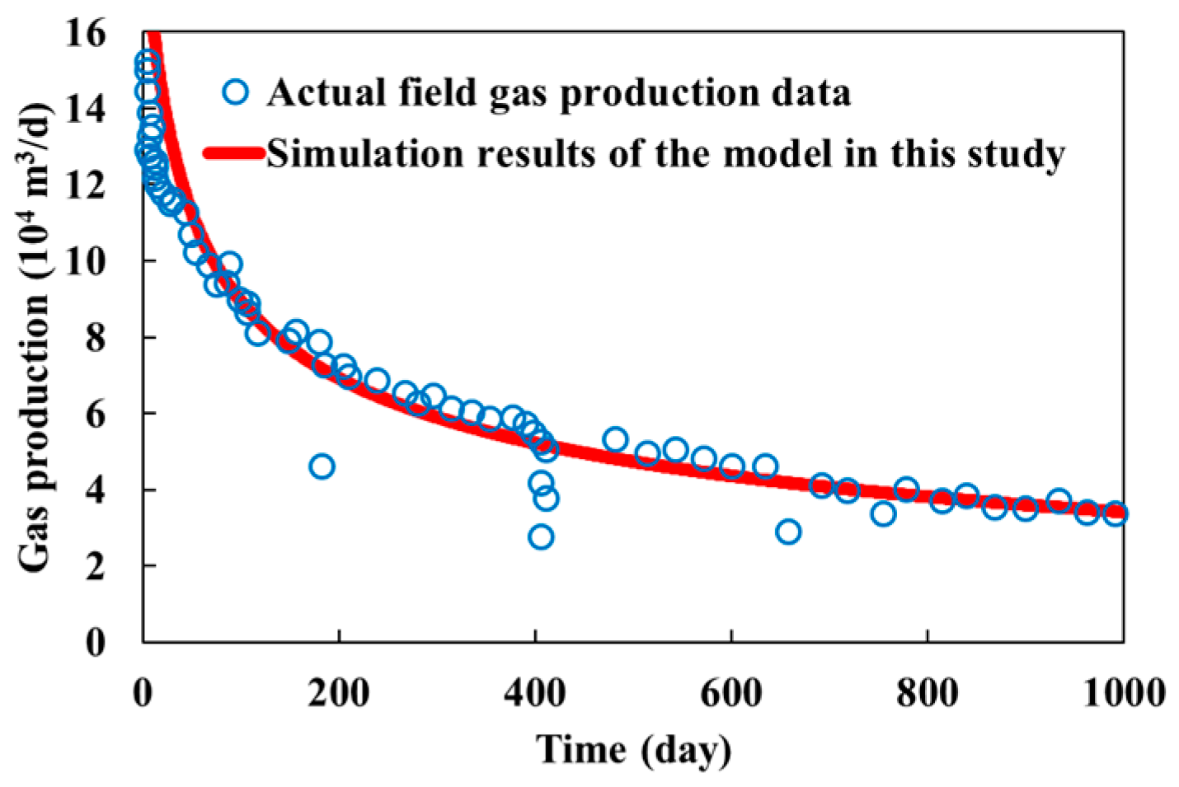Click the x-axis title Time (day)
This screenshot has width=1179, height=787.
[x=633, y=750]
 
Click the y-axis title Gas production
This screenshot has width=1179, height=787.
[x=35, y=338]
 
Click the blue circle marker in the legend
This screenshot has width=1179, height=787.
[x=236, y=91]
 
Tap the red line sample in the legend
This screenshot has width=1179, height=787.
[x=234, y=153]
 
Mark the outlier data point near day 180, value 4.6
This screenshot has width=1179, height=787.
[x=322, y=466]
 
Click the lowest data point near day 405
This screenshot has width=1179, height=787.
[x=541, y=537]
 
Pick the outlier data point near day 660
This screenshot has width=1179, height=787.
[x=788, y=532]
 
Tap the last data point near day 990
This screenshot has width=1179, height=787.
[x=1115, y=513]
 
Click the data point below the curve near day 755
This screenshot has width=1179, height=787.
[x=883, y=514]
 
